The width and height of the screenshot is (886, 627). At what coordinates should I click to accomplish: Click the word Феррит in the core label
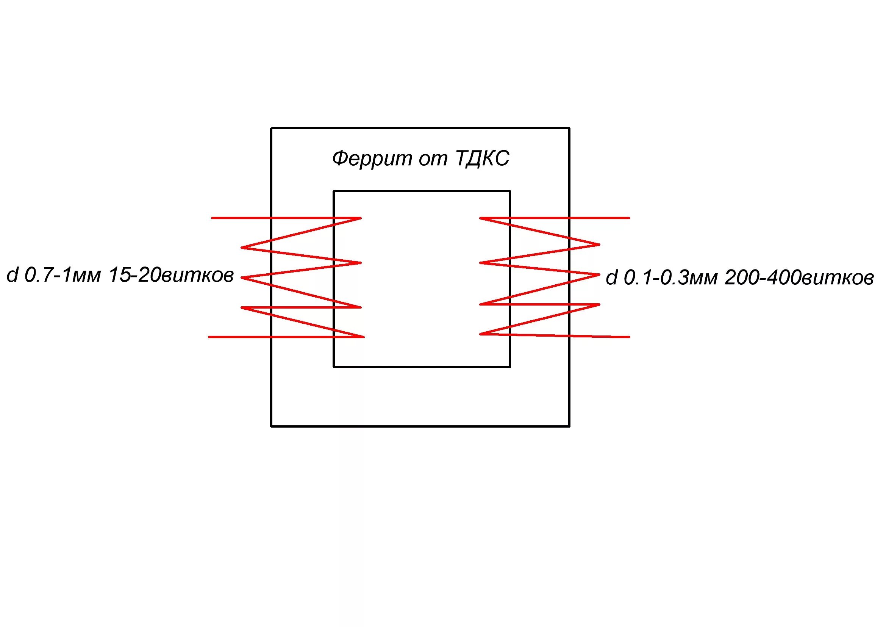[x=372, y=159]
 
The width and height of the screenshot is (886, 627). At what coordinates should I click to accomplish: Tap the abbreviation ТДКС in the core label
[x=482, y=158]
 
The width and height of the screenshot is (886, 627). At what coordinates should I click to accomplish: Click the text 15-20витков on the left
[x=171, y=276]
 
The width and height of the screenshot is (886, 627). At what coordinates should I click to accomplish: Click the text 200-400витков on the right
[x=799, y=278]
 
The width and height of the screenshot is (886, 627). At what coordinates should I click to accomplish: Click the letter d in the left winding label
[x=13, y=276]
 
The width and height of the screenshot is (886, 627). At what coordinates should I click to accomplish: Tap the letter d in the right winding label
[x=611, y=278]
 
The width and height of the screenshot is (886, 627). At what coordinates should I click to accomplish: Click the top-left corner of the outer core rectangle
[x=272, y=128]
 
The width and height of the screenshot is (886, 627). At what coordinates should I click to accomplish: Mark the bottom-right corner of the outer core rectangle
[x=569, y=426]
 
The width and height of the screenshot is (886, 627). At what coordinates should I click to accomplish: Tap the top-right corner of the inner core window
[x=510, y=191]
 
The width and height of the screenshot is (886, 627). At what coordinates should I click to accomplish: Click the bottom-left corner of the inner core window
[x=334, y=367]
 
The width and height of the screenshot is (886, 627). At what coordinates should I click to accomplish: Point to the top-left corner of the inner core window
[x=334, y=191]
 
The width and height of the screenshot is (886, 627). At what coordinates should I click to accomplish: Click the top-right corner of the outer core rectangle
[x=569, y=128]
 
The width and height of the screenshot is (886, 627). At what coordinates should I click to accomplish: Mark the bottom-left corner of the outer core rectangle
[x=272, y=426]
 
